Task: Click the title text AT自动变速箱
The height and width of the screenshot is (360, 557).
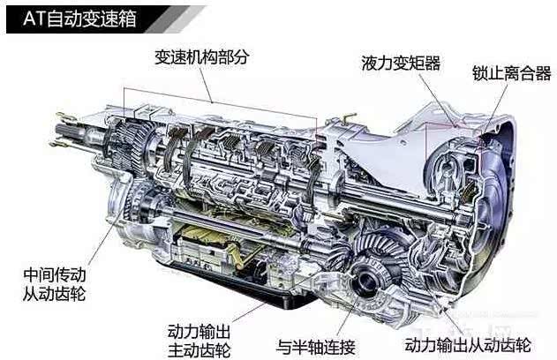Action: tap(79, 19)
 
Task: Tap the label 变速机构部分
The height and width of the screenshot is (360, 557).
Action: tap(202, 57)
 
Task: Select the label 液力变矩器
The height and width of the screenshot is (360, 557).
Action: tap(401, 64)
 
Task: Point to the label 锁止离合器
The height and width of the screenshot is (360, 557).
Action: tap(511, 73)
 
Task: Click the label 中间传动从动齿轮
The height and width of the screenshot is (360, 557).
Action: tap(55, 284)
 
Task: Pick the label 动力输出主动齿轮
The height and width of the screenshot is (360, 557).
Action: tap(199, 341)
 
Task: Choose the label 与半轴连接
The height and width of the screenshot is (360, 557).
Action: tap(316, 347)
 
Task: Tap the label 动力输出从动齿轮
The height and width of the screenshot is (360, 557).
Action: tap(468, 344)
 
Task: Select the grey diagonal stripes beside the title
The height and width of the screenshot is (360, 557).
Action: tap(174, 19)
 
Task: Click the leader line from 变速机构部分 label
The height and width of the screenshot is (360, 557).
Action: tap(205, 85)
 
